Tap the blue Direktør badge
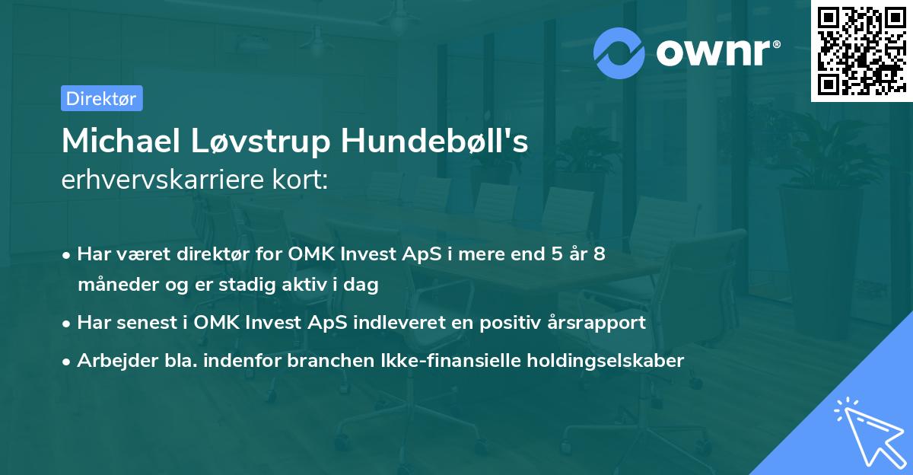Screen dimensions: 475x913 [x=101, y=98]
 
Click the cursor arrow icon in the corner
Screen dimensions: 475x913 [x=867, y=429]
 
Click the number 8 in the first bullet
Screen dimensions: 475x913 [x=599, y=254]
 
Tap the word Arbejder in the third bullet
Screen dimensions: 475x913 [x=112, y=360]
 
